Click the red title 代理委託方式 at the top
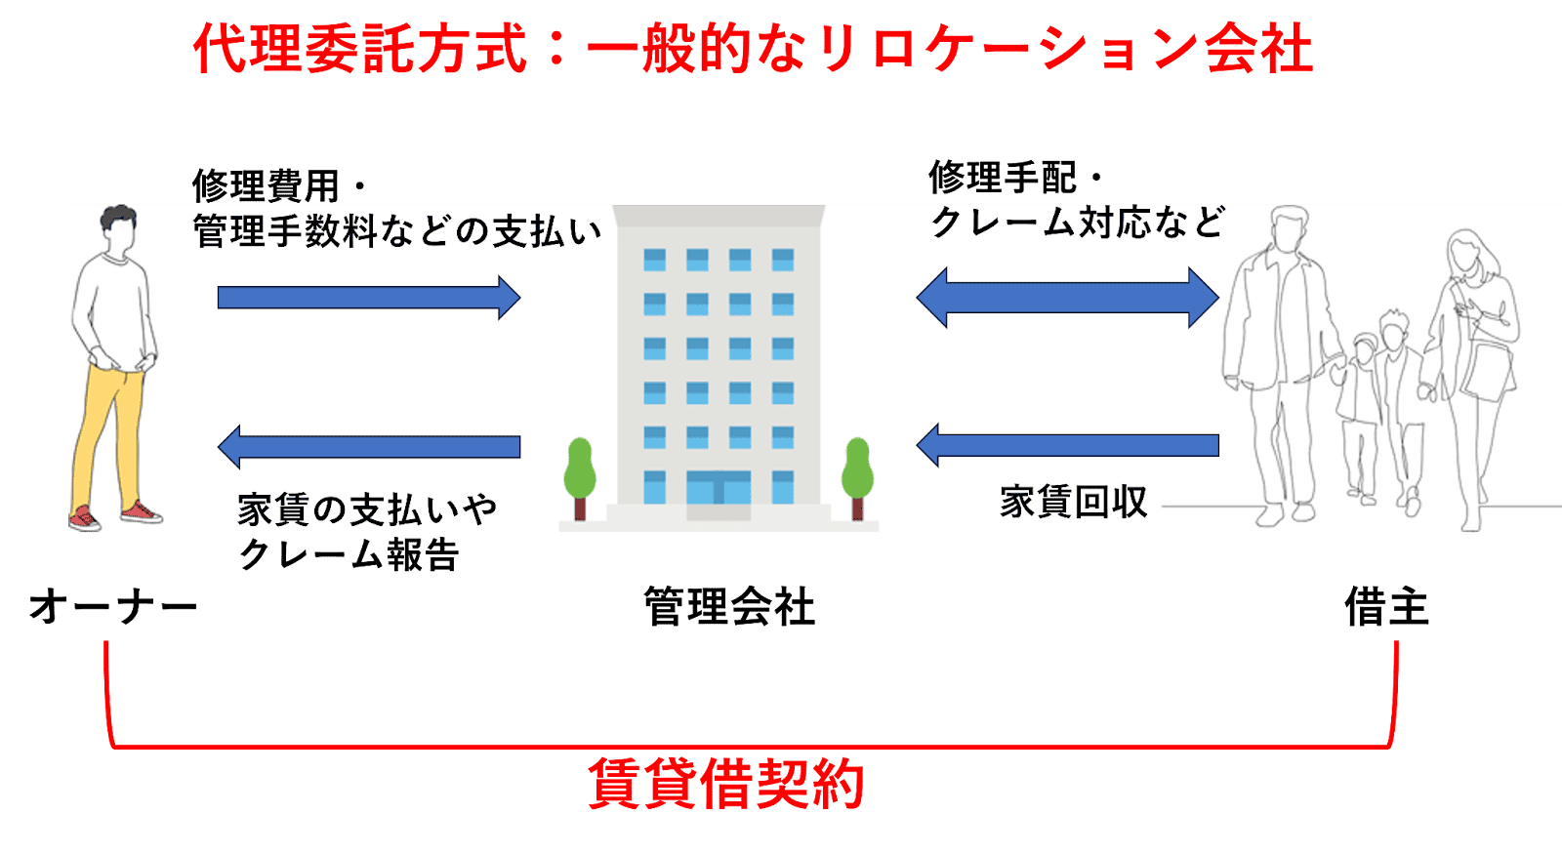click(359, 49)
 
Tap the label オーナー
click(113, 607)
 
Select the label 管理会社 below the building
click(729, 607)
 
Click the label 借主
click(1386, 607)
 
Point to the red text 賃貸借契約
click(726, 784)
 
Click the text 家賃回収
click(1073, 502)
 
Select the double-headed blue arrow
click(1067, 298)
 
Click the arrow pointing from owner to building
click(368, 298)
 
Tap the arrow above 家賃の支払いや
click(368, 447)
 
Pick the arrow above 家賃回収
click(1067, 445)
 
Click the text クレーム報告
click(349, 555)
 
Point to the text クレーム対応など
click(1077, 223)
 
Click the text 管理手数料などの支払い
click(397, 232)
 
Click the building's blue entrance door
click(719, 487)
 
